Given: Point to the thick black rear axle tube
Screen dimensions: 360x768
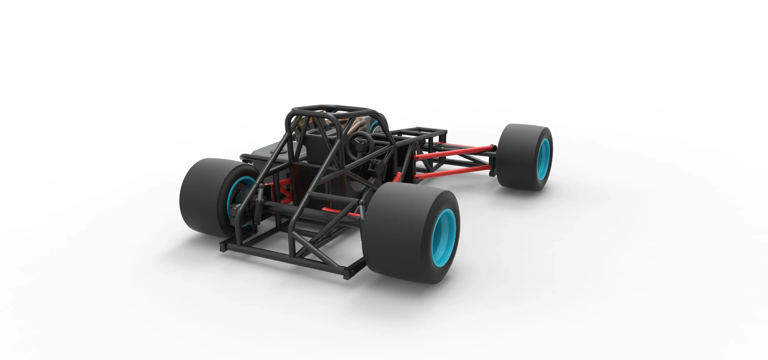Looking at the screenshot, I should [x=298, y=212].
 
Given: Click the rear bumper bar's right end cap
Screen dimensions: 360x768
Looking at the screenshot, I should [x=347, y=273].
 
